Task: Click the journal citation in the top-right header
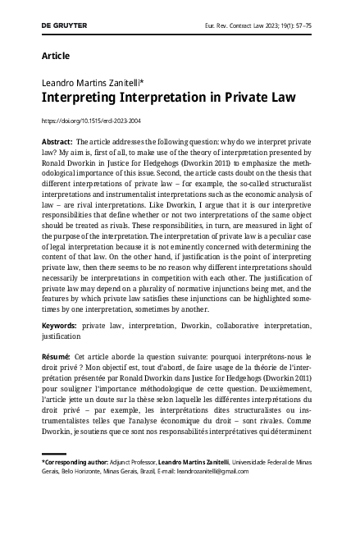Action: click(271, 25)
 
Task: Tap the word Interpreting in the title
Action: click(75, 98)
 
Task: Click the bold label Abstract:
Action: click(57, 142)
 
